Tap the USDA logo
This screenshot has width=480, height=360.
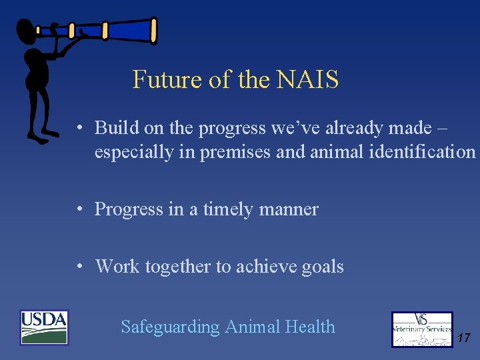pos(44,327)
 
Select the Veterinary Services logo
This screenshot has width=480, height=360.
pos(422,329)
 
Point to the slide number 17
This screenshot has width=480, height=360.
pos(464,339)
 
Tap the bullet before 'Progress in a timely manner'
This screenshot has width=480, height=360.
pos(79,209)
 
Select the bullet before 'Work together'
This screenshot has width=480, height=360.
pos(79,267)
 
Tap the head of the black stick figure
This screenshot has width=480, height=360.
pos(27,31)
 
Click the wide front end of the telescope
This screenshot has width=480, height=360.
pos(152,30)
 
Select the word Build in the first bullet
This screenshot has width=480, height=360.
pos(115,127)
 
